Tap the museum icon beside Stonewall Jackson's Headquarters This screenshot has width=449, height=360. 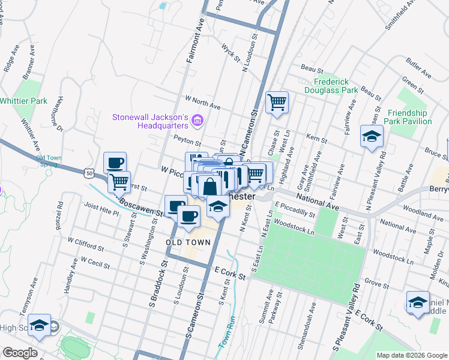coord(197,122)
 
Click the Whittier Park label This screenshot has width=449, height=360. coord(24,101)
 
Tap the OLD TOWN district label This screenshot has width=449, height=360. coord(188,242)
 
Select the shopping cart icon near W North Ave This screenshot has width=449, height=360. coord(277,103)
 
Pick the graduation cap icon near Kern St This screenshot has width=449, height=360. coord(372,136)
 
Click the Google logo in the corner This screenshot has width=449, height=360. coord(20,353)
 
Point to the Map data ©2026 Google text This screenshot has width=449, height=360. coord(412,355)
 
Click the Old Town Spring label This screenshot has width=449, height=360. coord(47,161)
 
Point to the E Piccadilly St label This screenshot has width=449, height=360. coord(294,212)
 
